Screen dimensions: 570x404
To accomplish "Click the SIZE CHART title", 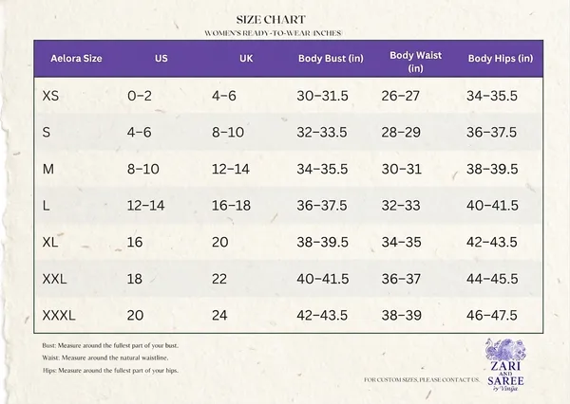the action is [271, 20].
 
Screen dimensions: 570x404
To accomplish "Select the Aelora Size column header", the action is [76, 59].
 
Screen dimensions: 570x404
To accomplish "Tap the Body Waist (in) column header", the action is [415, 62].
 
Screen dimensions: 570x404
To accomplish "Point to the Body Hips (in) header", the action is [501, 59].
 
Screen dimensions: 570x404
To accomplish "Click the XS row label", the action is [50, 96].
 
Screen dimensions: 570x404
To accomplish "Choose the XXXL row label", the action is [59, 316].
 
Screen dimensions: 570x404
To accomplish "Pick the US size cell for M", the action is [143, 169].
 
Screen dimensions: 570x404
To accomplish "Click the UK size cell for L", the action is [231, 206].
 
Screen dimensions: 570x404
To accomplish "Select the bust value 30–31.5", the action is [322, 96].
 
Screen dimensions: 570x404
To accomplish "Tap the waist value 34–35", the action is [401, 242].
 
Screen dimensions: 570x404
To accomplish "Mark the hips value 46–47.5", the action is [492, 316].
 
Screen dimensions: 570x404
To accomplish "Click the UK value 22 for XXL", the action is [219, 279].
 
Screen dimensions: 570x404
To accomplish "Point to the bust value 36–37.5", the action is [322, 206].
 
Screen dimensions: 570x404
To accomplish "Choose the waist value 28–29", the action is [401, 132].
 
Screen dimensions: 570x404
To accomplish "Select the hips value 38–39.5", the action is [492, 169].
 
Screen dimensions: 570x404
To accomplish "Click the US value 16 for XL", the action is [135, 242].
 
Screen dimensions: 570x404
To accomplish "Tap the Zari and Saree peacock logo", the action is [505, 365].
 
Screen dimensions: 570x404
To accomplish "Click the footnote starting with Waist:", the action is [105, 358].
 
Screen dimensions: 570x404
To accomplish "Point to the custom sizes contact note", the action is [422, 380].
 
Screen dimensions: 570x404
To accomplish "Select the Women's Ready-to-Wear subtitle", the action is [273, 33].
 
